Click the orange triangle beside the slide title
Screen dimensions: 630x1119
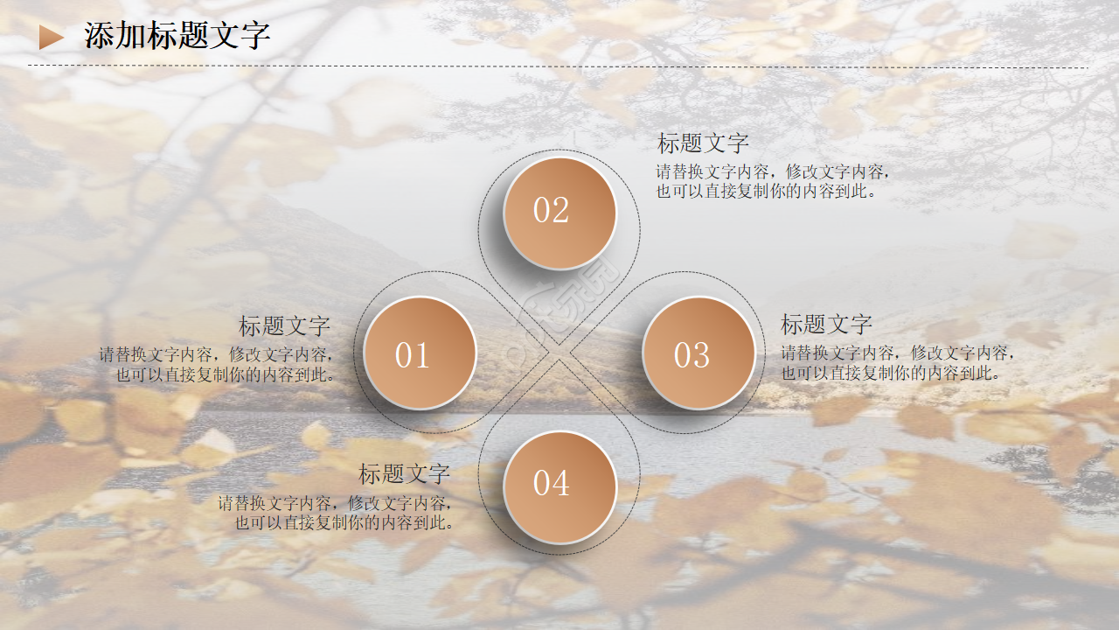[51, 37]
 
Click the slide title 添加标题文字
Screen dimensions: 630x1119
[177, 36]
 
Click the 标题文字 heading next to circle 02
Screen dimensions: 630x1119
[703, 143]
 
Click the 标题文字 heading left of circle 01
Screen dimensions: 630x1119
[285, 326]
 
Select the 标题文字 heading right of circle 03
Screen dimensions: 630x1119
[826, 325]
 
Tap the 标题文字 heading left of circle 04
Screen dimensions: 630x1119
[404, 474]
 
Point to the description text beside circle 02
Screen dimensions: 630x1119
[773, 181]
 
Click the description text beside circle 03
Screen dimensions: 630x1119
[897, 363]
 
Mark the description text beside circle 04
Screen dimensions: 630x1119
[337, 514]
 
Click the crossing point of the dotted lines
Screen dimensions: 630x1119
[559, 353]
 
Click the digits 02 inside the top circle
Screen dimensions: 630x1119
[551, 211]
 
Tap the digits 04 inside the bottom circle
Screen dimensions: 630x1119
[551, 483]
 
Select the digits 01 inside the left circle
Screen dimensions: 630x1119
[412, 355]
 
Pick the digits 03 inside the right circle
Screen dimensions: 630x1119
[692, 355]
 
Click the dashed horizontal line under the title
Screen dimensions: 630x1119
[559, 66]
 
